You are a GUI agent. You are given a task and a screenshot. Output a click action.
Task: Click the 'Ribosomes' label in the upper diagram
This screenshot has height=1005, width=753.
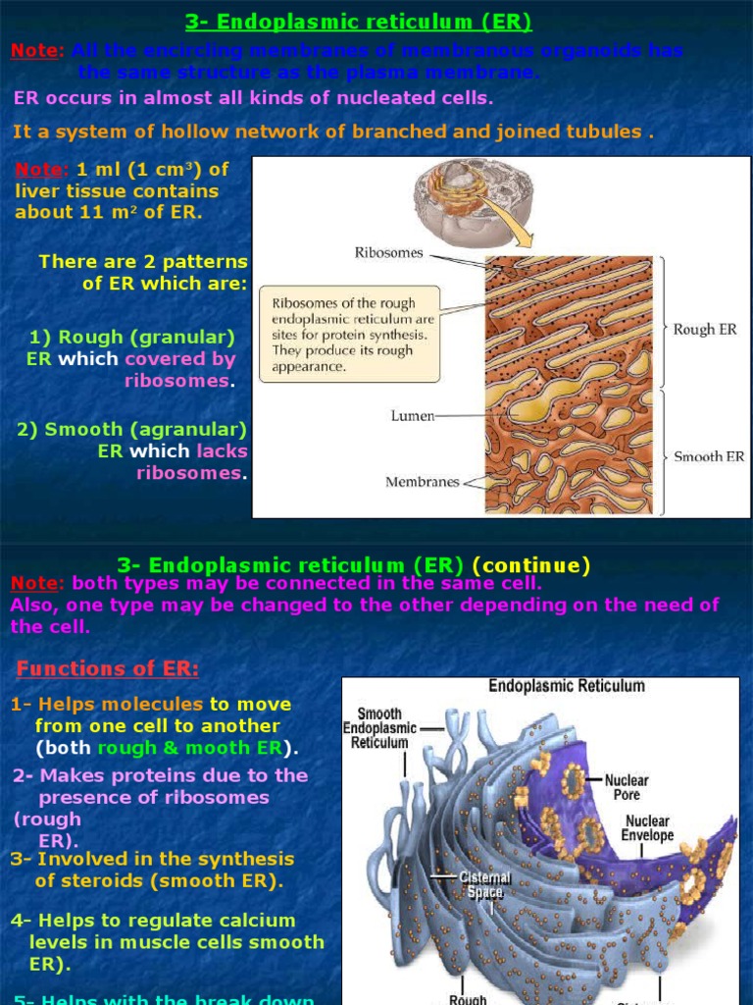point(389,253)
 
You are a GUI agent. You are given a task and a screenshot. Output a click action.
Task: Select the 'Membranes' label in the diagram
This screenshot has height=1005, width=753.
point(422,482)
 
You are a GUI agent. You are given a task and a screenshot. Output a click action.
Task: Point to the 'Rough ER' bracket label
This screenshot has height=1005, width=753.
point(706,330)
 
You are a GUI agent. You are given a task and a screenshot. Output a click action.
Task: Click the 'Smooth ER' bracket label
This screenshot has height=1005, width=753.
point(709,457)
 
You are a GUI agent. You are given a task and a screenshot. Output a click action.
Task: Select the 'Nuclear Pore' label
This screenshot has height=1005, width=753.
point(627,787)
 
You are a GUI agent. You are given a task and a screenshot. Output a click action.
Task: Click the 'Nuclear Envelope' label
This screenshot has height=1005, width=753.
point(647,827)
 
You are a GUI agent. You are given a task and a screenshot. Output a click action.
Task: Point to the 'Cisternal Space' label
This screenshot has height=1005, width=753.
point(485,884)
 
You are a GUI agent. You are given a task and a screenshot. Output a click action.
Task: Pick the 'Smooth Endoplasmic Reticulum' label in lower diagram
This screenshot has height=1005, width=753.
point(379,728)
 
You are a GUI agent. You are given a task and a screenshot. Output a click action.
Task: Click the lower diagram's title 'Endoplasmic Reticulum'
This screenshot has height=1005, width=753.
point(567,686)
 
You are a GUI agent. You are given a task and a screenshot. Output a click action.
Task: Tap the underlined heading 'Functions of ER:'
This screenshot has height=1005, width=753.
point(108,669)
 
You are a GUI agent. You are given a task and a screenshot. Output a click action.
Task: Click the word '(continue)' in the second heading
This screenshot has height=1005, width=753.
point(531,565)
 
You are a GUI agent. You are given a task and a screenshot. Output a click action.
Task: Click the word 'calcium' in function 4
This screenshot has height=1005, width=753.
point(258,921)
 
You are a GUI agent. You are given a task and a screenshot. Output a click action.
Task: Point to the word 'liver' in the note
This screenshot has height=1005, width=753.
point(35,191)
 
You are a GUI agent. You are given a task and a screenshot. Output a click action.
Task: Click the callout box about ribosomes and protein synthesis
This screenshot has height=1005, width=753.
point(350,334)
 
